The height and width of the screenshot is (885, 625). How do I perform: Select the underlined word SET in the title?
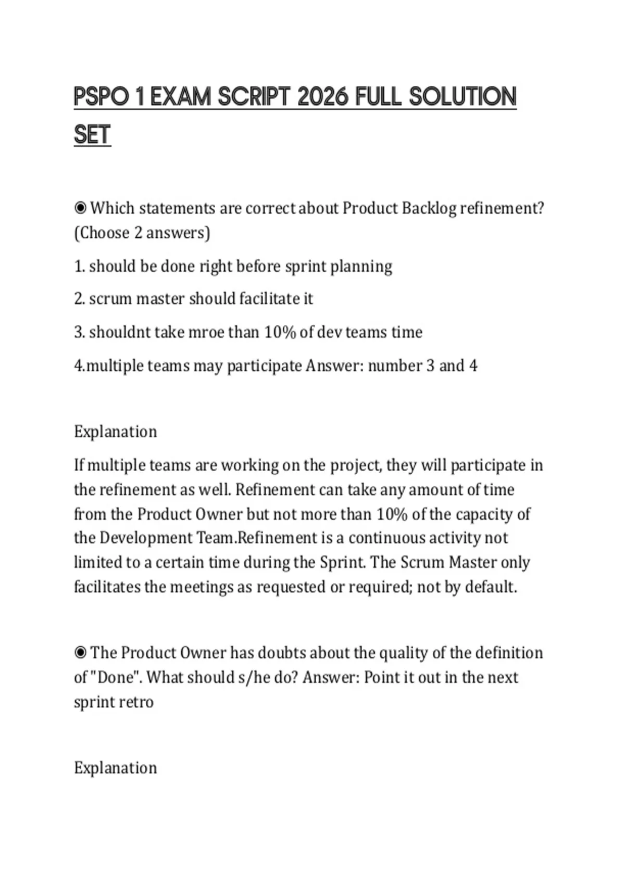coord(92,135)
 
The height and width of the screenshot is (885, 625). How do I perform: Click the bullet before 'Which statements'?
coord(80,208)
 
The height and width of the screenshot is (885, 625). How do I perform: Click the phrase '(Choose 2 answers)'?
coord(142,233)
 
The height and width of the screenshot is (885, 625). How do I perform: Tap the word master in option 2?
coord(160,299)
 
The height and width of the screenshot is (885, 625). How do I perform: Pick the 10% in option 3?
coord(280,332)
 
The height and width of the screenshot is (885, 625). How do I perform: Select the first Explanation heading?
coord(115,432)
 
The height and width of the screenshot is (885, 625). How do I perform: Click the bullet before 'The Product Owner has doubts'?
coord(80,653)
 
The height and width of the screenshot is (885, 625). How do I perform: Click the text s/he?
coord(250,677)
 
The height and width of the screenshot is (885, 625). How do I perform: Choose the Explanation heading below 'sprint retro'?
coord(115,768)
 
